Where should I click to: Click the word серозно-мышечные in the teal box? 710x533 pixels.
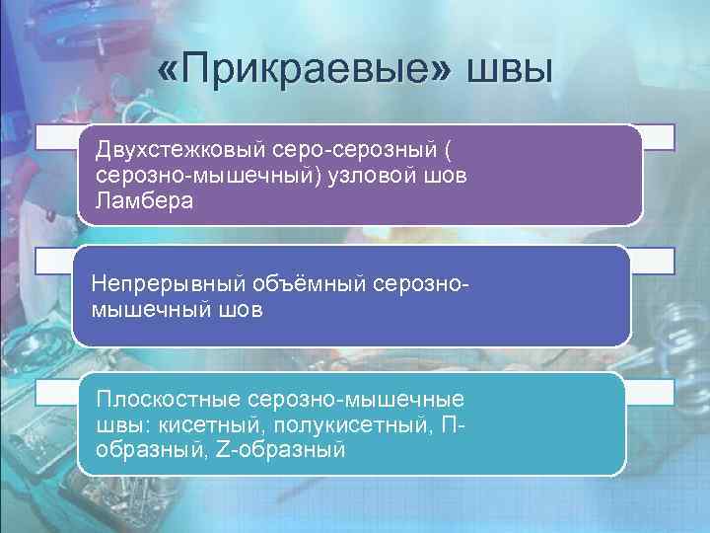coord(360,402)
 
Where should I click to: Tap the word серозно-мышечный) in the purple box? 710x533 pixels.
coord(198,176)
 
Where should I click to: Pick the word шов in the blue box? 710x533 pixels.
coord(242,309)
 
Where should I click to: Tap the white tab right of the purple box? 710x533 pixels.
coord(659,137)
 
